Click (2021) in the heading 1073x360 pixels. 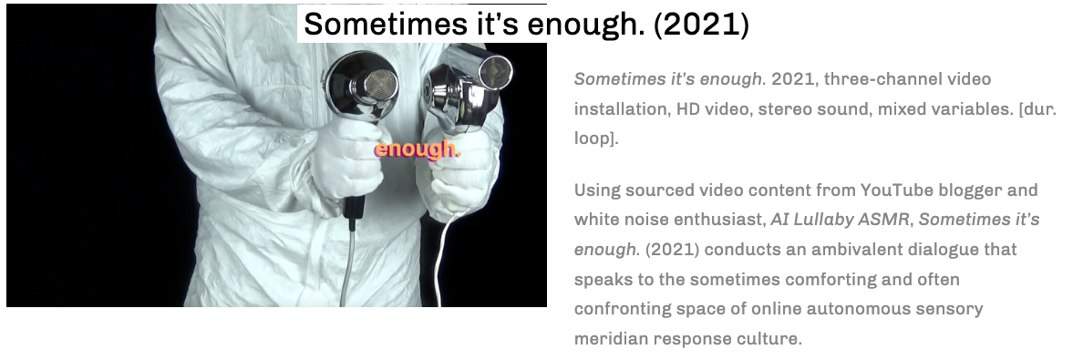(701, 25)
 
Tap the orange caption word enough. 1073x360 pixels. (417, 149)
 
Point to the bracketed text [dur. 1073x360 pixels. (1037, 108)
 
